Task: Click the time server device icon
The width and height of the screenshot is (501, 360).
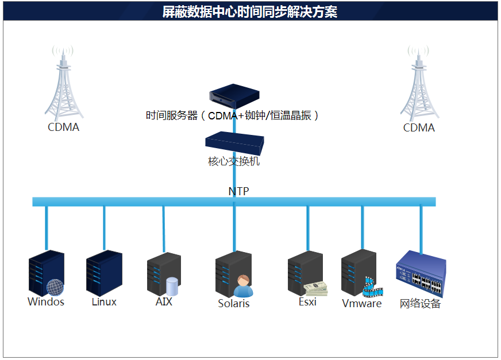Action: (234, 95)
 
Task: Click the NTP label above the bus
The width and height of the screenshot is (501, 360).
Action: (238, 191)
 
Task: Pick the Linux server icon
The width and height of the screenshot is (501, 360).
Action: (103, 273)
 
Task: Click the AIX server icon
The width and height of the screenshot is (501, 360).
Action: (163, 273)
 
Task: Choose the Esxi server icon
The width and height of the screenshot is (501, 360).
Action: (305, 273)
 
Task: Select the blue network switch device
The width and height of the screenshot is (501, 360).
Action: (421, 274)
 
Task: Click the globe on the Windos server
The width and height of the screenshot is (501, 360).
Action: (55, 287)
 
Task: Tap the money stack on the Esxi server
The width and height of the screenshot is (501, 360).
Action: (316, 288)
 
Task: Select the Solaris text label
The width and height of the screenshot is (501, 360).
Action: (234, 304)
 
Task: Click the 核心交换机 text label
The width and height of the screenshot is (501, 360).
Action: (234, 162)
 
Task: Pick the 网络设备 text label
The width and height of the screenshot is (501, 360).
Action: (420, 304)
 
